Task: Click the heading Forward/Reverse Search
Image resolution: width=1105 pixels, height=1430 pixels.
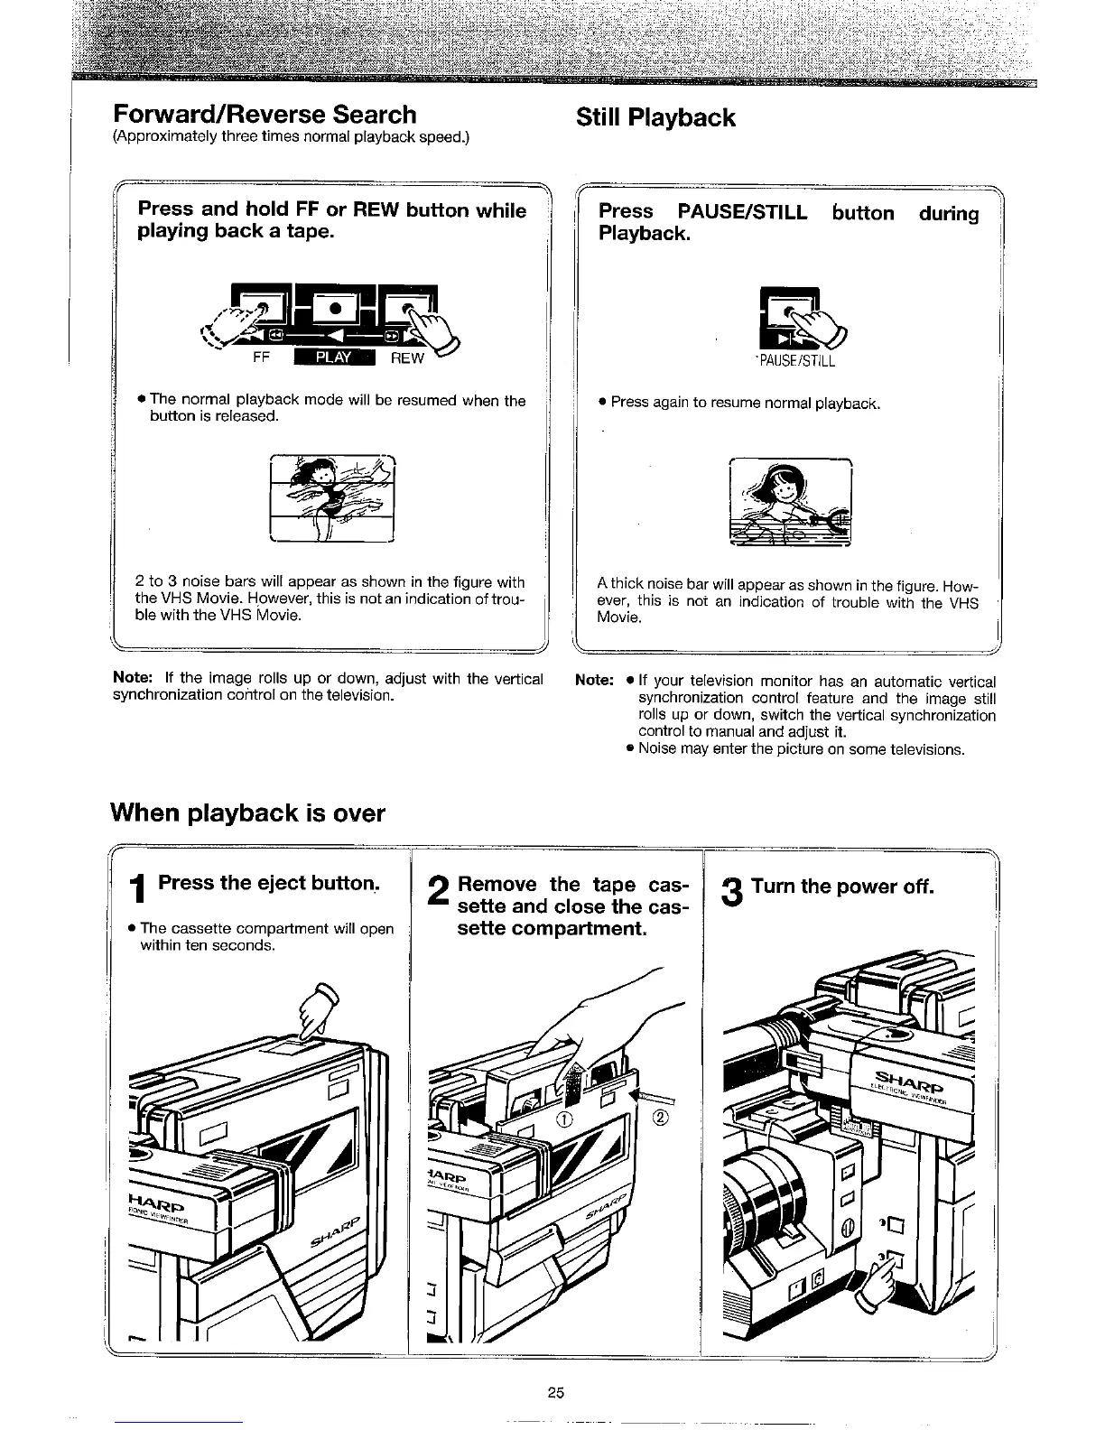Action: pyautogui.click(x=264, y=115)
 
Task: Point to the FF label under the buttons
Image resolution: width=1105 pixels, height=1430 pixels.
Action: pyautogui.click(x=262, y=358)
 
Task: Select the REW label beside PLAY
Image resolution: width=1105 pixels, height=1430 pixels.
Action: pyautogui.click(x=406, y=358)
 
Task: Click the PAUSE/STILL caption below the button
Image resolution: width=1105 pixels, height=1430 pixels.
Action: pyautogui.click(x=794, y=362)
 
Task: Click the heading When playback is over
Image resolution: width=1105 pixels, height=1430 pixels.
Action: pyautogui.click(x=247, y=813)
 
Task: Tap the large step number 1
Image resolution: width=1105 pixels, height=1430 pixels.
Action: pyautogui.click(x=137, y=890)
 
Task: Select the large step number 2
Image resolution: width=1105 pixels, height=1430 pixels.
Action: pyautogui.click(x=438, y=893)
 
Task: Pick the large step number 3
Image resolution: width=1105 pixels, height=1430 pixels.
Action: pyautogui.click(x=733, y=893)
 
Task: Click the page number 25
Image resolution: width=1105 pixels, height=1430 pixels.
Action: pyautogui.click(x=555, y=1392)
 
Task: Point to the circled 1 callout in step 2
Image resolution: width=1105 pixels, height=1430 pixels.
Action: pyautogui.click(x=564, y=1120)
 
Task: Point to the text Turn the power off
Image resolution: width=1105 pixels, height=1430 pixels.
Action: pyautogui.click(x=842, y=887)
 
